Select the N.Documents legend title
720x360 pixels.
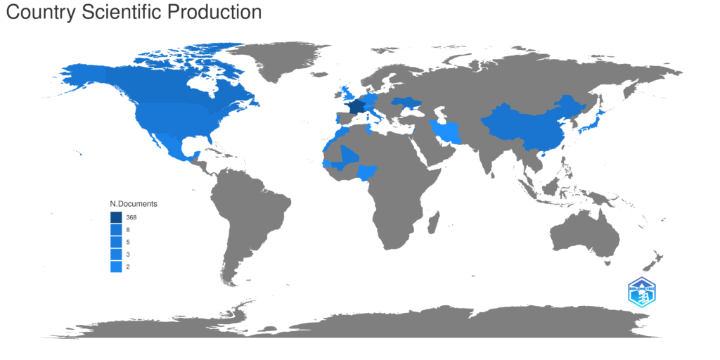pyautogui.click(x=133, y=203)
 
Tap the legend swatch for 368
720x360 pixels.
pyautogui.click(x=116, y=217)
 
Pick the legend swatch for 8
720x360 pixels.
pyautogui.click(x=116, y=230)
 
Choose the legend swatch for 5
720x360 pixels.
pyautogui.click(x=116, y=242)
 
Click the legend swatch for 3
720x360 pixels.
pyautogui.click(x=116, y=255)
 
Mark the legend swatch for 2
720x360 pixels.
pyautogui.click(x=116, y=266)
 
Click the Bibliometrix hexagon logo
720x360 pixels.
pyautogui.click(x=641, y=292)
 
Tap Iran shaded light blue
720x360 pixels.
pyautogui.click(x=447, y=131)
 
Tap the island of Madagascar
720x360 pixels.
pyautogui.click(x=434, y=225)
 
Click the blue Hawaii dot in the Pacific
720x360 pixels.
pyautogui.click(x=82, y=155)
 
